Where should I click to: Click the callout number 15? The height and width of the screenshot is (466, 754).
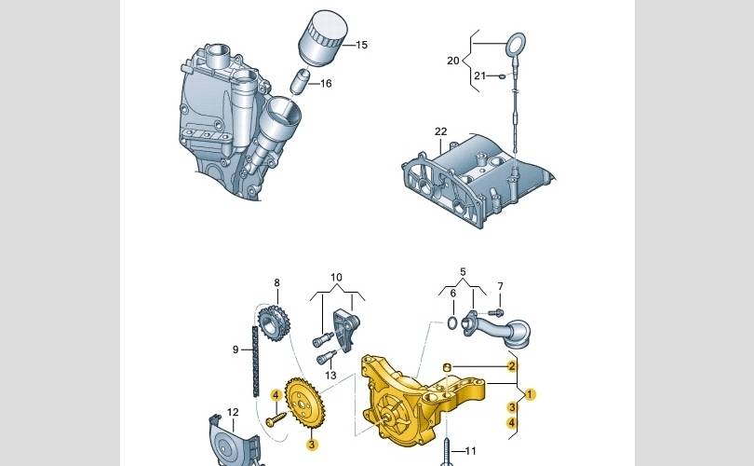tap(361, 45)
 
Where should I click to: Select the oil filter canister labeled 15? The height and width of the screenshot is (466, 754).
tap(323, 36)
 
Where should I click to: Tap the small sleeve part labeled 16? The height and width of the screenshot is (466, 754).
tap(299, 81)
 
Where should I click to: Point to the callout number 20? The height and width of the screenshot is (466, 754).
tap(453, 61)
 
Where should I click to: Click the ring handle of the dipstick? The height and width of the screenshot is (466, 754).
tap(515, 45)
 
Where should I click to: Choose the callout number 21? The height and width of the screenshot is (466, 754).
tap(480, 75)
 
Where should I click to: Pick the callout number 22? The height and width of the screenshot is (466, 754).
tap(440, 131)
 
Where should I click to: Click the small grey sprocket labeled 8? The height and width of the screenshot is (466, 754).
tap(274, 323)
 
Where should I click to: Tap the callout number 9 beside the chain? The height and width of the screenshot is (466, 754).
tap(236, 349)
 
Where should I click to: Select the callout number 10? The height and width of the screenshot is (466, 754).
tap(336, 278)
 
